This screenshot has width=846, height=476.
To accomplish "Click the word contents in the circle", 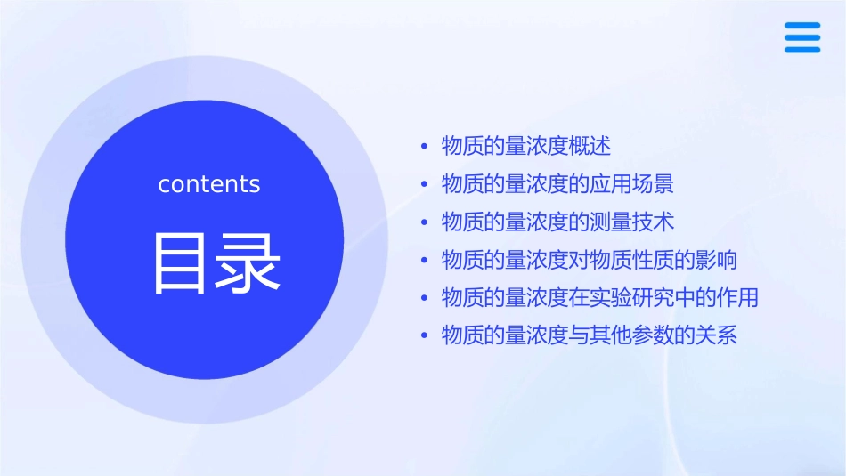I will (209, 184).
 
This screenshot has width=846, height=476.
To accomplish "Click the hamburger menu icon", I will (802, 37).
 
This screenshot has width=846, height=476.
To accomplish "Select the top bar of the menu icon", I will (802, 26).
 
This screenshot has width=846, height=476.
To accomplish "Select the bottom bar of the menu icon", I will (802, 49).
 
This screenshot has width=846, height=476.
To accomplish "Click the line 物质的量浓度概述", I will (526, 146).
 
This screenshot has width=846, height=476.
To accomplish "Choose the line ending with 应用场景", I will (557, 184).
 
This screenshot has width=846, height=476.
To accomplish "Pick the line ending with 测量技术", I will (557, 222).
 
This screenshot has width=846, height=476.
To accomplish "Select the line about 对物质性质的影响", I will (589, 260).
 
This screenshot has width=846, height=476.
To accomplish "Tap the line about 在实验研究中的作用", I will (599, 297).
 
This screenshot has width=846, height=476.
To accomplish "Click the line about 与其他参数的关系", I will (589, 335).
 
